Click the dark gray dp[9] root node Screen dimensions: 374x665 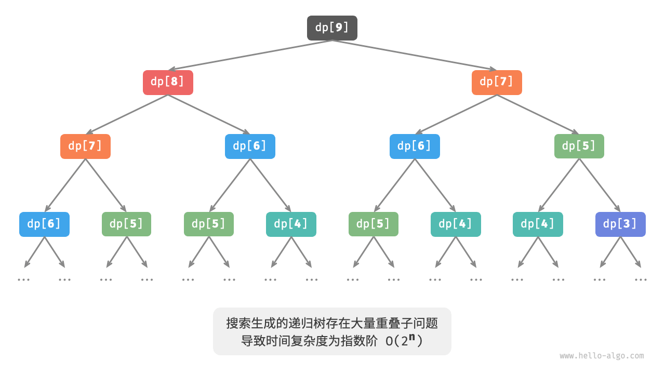[332, 28]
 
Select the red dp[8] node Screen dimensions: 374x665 [168, 83]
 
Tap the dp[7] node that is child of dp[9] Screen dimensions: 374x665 [497, 83]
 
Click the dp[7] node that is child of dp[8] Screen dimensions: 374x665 [85, 146]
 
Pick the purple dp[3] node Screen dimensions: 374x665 [620, 224]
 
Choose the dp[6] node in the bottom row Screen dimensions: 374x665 [44, 224]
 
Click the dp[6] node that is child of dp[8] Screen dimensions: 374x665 [250, 146]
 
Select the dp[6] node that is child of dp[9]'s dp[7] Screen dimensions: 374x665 [415, 146]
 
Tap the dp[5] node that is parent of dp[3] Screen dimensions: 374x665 [579, 146]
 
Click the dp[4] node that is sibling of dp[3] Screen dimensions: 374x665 [538, 224]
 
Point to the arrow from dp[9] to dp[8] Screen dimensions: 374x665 [249, 55]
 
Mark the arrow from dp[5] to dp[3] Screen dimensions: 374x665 [600, 185]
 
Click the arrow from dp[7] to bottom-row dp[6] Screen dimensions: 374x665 [65, 185]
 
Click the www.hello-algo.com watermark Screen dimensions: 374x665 [602, 356]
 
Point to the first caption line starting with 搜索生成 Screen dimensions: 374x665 [332, 324]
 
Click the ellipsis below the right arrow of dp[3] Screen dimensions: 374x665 [641, 279]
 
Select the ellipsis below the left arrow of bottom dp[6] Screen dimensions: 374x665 [23, 279]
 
